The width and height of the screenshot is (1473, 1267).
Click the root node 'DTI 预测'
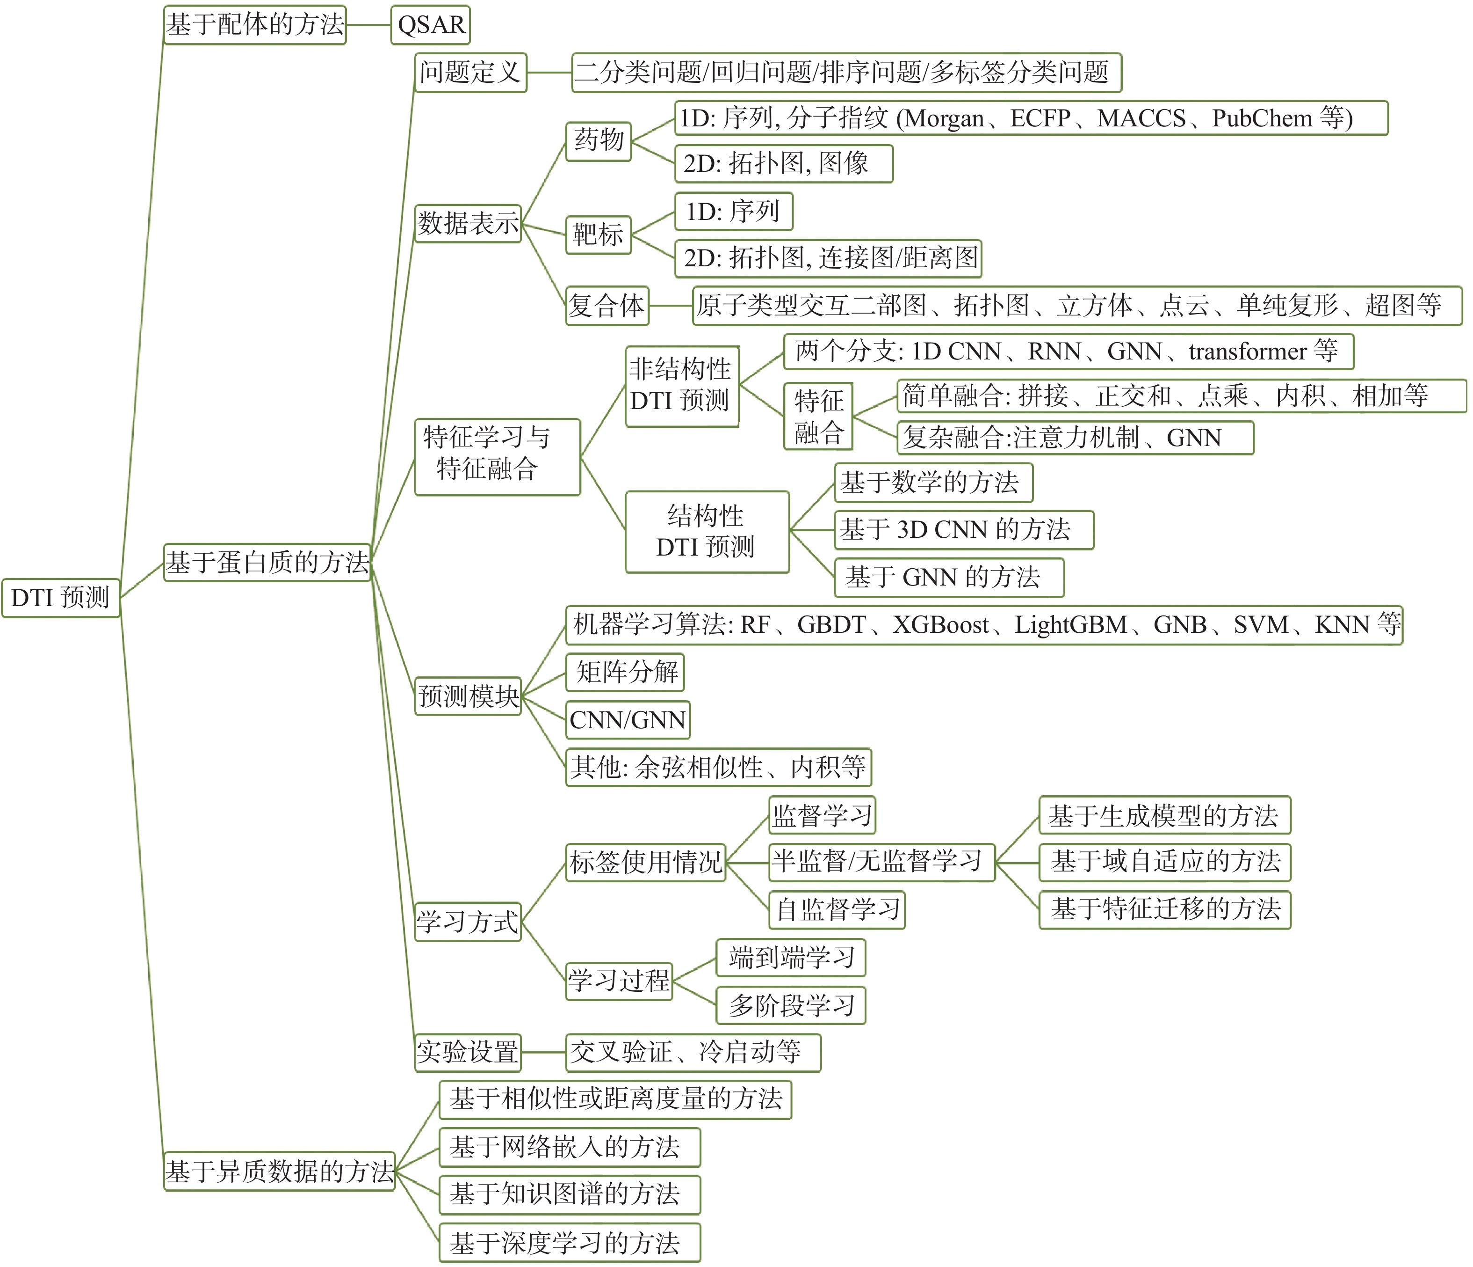[60, 598]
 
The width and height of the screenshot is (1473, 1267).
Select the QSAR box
[430, 25]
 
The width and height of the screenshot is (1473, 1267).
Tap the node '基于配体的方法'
[254, 25]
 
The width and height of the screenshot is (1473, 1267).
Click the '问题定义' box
[470, 72]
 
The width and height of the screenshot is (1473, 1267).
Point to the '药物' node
[599, 140]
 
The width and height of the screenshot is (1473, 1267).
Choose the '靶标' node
[598, 234]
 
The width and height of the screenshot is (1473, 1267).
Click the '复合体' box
[607, 306]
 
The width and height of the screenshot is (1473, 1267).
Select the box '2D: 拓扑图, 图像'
[783, 164]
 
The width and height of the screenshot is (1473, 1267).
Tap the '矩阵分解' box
[625, 672]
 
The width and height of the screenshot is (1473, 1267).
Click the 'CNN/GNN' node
[628, 720]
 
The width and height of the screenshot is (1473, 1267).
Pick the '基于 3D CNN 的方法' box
[963, 529]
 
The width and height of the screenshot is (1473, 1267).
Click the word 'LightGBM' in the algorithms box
[1070, 625]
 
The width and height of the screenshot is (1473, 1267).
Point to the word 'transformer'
[1247, 352]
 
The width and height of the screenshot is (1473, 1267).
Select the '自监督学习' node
[837, 909]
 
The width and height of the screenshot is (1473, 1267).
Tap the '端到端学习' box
[791, 958]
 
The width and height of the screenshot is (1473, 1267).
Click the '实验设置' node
[467, 1052]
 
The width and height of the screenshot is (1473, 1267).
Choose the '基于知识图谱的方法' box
[570, 1194]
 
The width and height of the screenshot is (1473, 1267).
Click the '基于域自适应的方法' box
[1164, 862]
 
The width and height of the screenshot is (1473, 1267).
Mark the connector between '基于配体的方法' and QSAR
[368, 25]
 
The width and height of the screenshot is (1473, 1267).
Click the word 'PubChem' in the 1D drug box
[1261, 118]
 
